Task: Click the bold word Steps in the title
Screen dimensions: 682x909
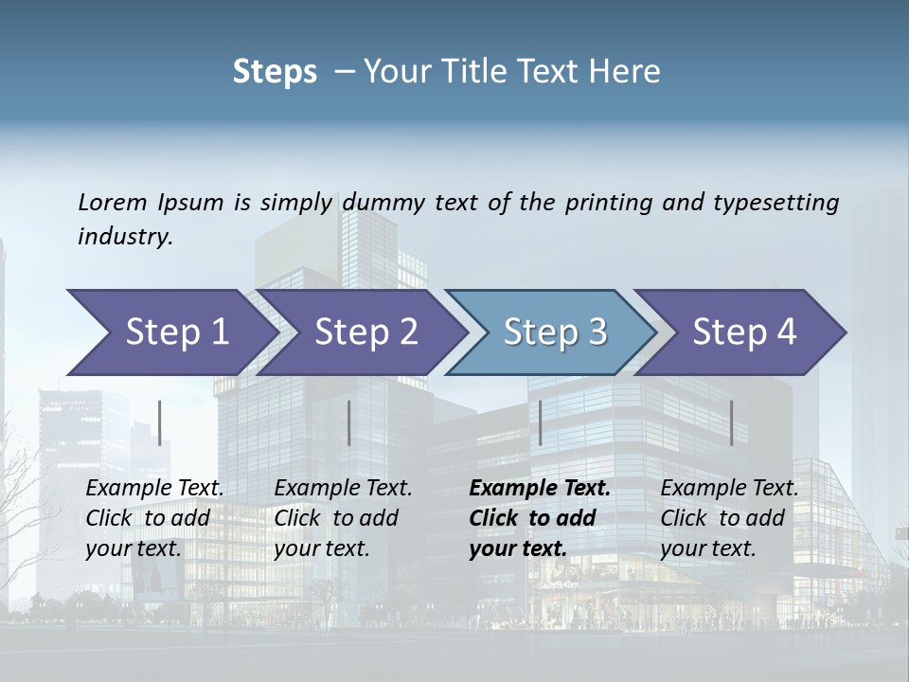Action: (x=275, y=72)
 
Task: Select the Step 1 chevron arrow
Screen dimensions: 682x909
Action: (x=170, y=332)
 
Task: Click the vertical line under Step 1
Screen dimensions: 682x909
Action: (x=160, y=422)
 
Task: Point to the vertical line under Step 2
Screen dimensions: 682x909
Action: (x=349, y=422)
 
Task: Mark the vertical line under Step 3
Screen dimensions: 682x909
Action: (x=541, y=422)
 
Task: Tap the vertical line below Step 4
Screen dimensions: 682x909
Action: (x=732, y=422)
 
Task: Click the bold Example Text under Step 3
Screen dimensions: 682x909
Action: (x=540, y=489)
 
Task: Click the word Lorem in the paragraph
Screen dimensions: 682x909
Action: (x=113, y=202)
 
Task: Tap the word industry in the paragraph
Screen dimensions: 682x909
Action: (x=125, y=237)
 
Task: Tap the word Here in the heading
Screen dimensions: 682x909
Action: (x=624, y=72)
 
